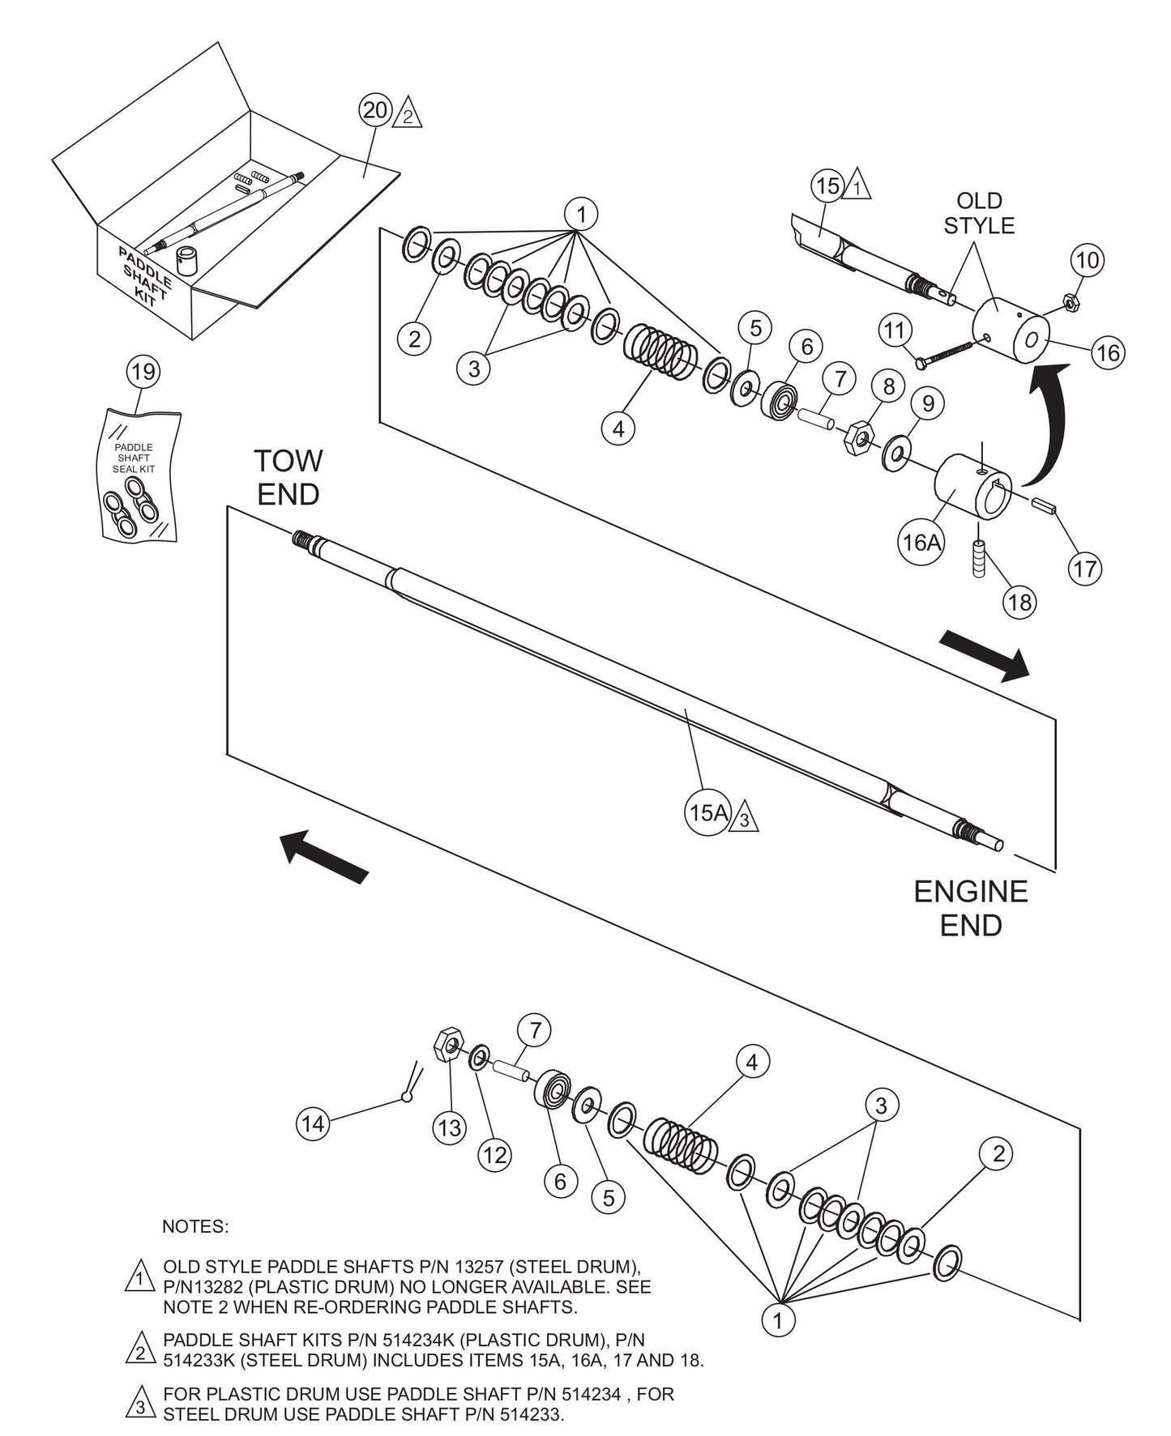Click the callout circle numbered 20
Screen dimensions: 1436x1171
pos(376,110)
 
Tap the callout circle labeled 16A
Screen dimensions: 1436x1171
pos(921,541)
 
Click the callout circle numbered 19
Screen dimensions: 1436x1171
pos(143,372)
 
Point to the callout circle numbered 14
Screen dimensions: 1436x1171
pos(314,1123)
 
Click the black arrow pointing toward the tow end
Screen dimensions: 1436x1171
pos(324,855)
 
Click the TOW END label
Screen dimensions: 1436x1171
pos(288,477)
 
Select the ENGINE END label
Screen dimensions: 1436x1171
pos(970,908)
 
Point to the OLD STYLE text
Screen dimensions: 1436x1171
pos(979,213)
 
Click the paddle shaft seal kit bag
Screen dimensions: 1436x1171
pos(138,477)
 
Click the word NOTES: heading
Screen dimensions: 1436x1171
pos(195,1226)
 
